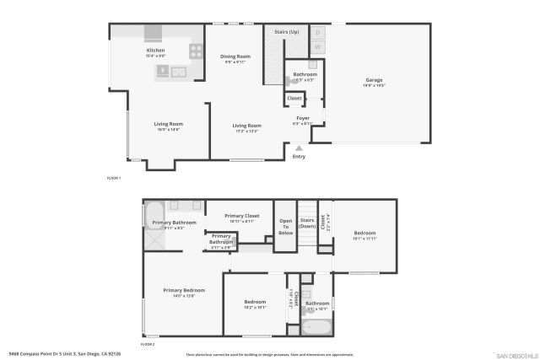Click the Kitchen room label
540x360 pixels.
(x=156, y=51)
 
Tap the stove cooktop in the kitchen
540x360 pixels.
(x=195, y=50)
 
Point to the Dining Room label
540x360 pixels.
(x=235, y=56)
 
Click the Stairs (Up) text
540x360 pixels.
(x=287, y=32)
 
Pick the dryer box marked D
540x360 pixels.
(x=318, y=32)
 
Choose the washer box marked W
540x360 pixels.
(x=318, y=46)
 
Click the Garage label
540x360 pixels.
(x=374, y=81)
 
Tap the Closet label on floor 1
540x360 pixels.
(x=294, y=99)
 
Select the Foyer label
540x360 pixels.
(x=303, y=118)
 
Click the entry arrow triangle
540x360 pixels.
(x=299, y=148)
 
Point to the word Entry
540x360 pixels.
(x=299, y=157)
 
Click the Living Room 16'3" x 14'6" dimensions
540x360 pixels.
(x=168, y=130)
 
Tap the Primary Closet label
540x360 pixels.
(x=241, y=216)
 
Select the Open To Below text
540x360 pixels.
(x=285, y=227)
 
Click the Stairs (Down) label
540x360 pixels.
(x=307, y=223)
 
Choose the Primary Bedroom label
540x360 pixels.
(x=184, y=290)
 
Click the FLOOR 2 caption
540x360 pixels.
(x=148, y=344)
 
